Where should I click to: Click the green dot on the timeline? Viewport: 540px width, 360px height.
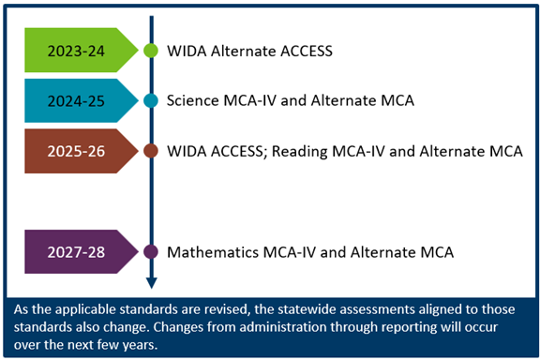(x=151, y=51)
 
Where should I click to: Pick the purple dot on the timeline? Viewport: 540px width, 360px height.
(x=151, y=252)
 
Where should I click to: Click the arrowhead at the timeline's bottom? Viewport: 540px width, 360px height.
(x=151, y=282)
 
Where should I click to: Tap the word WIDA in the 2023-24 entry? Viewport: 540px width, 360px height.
(x=184, y=51)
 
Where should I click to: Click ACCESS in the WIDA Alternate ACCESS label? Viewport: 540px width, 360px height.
(x=307, y=51)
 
